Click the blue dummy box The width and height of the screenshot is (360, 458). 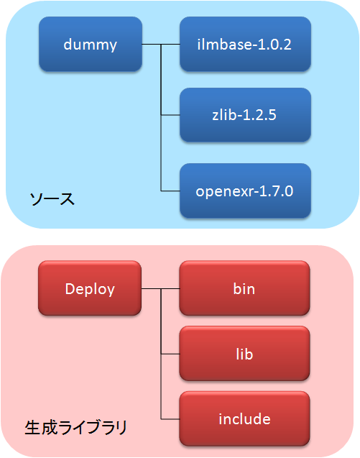click(x=91, y=44)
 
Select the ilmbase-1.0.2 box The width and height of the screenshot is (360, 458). click(x=245, y=44)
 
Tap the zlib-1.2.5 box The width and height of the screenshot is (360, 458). click(x=245, y=115)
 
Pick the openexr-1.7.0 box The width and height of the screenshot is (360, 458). click(x=245, y=191)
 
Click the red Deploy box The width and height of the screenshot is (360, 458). click(x=90, y=288)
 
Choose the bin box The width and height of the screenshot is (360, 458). click(x=244, y=288)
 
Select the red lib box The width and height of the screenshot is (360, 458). click(x=244, y=354)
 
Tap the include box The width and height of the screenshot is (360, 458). click(x=244, y=419)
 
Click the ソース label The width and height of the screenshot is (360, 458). click(x=52, y=199)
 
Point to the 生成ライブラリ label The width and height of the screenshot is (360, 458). click(x=76, y=428)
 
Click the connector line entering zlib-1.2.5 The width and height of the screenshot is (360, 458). click(x=170, y=115)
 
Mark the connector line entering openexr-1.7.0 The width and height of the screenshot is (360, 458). click(x=170, y=191)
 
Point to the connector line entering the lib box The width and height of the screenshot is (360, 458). click(x=170, y=354)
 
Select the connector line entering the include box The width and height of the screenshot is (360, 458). click(x=170, y=419)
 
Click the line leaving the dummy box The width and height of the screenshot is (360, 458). click(x=161, y=44)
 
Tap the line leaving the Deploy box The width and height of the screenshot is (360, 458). click(x=160, y=288)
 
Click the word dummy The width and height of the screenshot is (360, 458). click(x=91, y=45)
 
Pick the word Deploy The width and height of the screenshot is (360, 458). click(x=90, y=290)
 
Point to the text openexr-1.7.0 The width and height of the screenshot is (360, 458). click(x=244, y=191)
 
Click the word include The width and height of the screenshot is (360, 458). click(x=245, y=419)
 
